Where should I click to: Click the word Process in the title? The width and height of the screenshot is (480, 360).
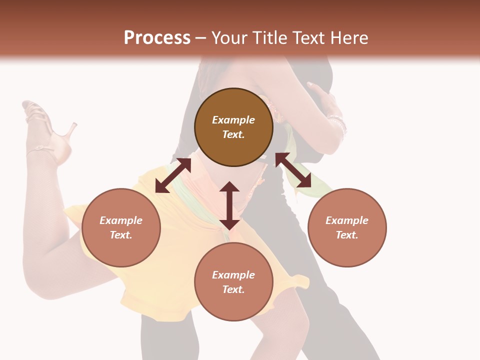(x=157, y=38)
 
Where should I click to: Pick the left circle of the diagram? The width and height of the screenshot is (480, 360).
(x=121, y=227)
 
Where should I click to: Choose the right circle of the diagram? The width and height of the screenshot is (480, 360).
(x=347, y=227)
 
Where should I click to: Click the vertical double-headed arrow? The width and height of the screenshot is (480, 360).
(x=229, y=205)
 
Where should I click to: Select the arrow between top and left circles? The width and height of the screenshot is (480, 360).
(x=173, y=175)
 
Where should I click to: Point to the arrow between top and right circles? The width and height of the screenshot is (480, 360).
(x=293, y=170)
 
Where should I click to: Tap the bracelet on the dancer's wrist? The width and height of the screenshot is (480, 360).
(x=338, y=122)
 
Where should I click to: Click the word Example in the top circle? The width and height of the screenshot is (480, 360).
(x=233, y=120)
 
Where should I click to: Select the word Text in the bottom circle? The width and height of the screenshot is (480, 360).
(x=233, y=289)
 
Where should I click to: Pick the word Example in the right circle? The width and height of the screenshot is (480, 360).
(x=347, y=220)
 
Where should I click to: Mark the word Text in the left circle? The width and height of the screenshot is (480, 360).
(x=121, y=235)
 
